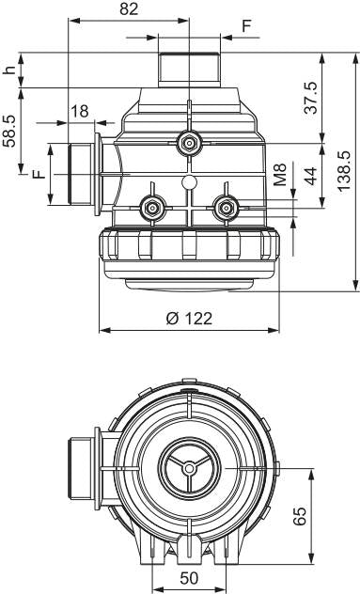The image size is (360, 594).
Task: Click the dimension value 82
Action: tap(129, 9)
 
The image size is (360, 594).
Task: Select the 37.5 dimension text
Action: tap(311, 98)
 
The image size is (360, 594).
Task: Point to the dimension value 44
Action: tap(311, 176)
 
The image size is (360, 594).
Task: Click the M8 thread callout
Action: tap(280, 174)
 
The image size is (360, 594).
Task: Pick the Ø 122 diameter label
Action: tap(189, 319)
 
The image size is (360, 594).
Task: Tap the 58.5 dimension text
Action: tap(9, 131)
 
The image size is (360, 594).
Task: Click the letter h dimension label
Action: tap(9, 70)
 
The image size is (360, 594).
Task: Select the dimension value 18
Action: tap(80, 111)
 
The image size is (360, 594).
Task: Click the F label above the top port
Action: tap(246, 26)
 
